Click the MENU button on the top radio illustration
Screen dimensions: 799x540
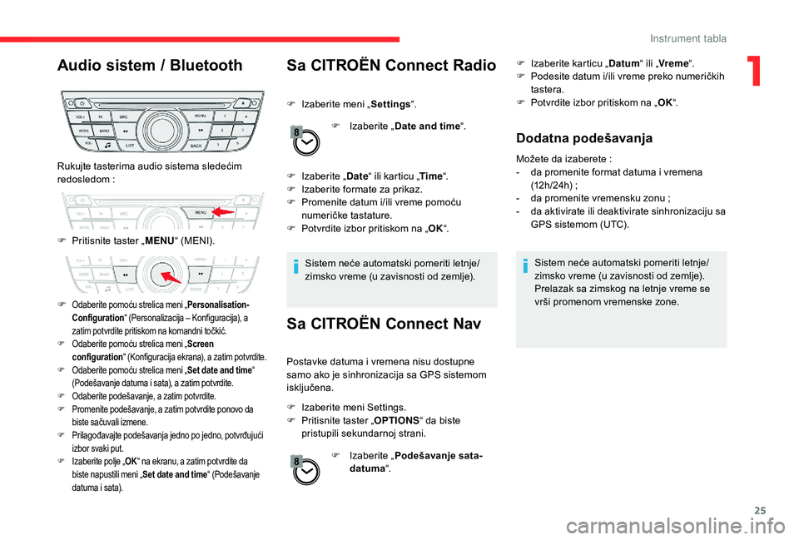[x=201, y=116]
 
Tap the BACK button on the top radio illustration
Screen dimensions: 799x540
[x=196, y=145]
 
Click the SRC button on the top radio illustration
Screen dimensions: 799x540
[x=123, y=117]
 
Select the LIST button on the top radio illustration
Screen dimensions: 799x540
[x=130, y=145]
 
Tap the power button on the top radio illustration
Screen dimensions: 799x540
[x=82, y=103]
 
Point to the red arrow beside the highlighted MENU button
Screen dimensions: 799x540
[x=223, y=211]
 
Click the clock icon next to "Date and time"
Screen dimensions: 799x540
[x=305, y=141]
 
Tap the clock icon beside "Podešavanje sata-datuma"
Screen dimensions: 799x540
[x=305, y=471]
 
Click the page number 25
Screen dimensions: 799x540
[x=760, y=510]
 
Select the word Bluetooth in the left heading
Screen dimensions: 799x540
[x=206, y=65]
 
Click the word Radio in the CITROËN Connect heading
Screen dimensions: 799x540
[x=474, y=65]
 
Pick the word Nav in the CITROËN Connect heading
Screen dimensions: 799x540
[x=466, y=324]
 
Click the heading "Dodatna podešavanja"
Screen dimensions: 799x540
[x=584, y=138]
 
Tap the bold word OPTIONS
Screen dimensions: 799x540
[x=396, y=421]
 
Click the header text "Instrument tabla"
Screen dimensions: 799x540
[x=688, y=39]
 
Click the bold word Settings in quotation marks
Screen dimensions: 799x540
[x=391, y=105]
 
